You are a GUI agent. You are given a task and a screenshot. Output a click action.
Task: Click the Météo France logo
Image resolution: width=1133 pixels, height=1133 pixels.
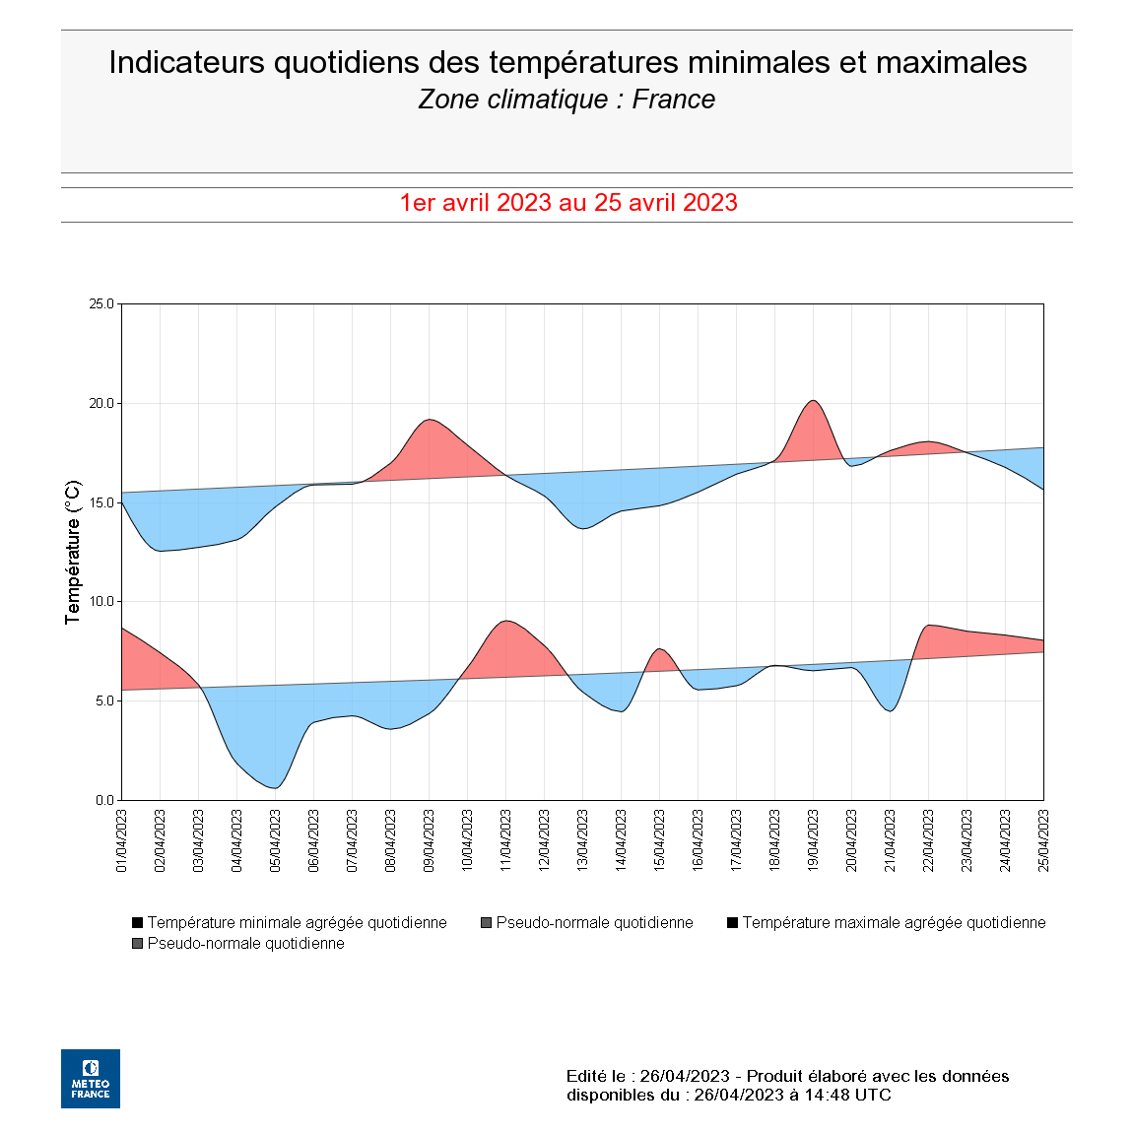91,1078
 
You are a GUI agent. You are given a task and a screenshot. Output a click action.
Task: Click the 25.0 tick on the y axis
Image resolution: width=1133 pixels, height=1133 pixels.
102,303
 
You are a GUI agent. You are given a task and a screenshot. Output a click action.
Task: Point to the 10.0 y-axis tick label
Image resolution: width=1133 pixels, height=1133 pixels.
102,601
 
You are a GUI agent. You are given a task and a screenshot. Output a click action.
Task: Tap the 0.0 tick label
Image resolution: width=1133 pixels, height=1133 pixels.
105,800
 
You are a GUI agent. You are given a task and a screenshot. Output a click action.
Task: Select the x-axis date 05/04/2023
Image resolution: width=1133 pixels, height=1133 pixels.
276,841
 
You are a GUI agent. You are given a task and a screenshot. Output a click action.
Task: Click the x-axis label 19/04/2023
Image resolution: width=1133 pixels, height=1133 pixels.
814,841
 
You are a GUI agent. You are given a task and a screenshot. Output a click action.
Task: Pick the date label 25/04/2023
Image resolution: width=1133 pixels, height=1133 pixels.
1044,841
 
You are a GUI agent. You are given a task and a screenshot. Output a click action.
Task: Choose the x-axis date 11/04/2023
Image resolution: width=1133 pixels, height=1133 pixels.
506,841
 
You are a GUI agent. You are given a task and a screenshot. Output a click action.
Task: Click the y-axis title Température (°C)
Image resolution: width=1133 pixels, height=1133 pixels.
72,552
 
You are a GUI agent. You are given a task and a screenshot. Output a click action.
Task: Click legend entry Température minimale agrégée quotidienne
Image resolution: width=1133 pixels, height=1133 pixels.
297,922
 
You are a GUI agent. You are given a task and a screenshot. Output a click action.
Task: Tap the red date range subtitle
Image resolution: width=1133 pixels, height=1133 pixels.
568,203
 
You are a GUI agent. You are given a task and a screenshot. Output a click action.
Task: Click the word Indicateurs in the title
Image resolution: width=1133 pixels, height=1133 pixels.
186,62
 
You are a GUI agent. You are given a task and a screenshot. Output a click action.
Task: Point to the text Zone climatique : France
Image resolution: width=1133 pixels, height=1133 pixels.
566,100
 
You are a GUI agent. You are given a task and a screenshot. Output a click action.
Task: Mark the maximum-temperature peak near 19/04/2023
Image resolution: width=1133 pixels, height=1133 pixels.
813,400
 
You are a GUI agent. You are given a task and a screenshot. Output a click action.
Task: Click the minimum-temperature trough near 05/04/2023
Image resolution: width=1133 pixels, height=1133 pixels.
276,788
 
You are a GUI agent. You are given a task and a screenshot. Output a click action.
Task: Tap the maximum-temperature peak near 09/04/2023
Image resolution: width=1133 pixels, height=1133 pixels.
429,420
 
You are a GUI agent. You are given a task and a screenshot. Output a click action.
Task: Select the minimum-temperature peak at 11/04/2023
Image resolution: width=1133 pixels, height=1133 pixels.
505,621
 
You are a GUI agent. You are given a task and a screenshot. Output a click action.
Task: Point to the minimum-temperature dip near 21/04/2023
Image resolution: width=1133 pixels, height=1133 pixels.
891,710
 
